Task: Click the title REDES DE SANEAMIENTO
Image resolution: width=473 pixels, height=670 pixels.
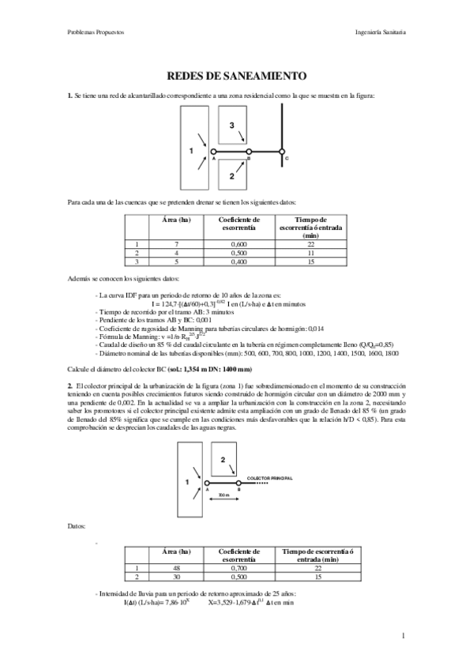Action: [236, 77]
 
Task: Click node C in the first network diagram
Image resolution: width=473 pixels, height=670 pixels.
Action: [282, 151]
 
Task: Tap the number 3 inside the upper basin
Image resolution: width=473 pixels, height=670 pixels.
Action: [231, 126]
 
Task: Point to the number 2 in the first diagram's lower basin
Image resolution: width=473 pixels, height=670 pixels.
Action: [231, 177]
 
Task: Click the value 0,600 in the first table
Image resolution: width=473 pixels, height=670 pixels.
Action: [239, 245]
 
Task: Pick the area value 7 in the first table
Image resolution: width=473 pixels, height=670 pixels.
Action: [176, 245]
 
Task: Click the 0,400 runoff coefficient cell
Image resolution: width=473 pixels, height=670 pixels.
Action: [239, 261]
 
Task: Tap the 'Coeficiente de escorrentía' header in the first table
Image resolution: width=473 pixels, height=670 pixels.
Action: [239, 224]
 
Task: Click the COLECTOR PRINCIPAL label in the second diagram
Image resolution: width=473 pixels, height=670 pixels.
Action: [270, 478]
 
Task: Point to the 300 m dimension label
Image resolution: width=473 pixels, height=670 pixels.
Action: [223, 495]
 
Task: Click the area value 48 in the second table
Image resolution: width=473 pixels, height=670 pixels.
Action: [176, 566]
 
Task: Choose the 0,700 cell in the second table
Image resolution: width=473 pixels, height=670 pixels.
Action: [239, 566]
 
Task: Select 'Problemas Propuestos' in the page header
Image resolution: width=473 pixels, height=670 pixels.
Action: [96, 32]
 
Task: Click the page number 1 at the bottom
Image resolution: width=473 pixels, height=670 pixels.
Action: [403, 634]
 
